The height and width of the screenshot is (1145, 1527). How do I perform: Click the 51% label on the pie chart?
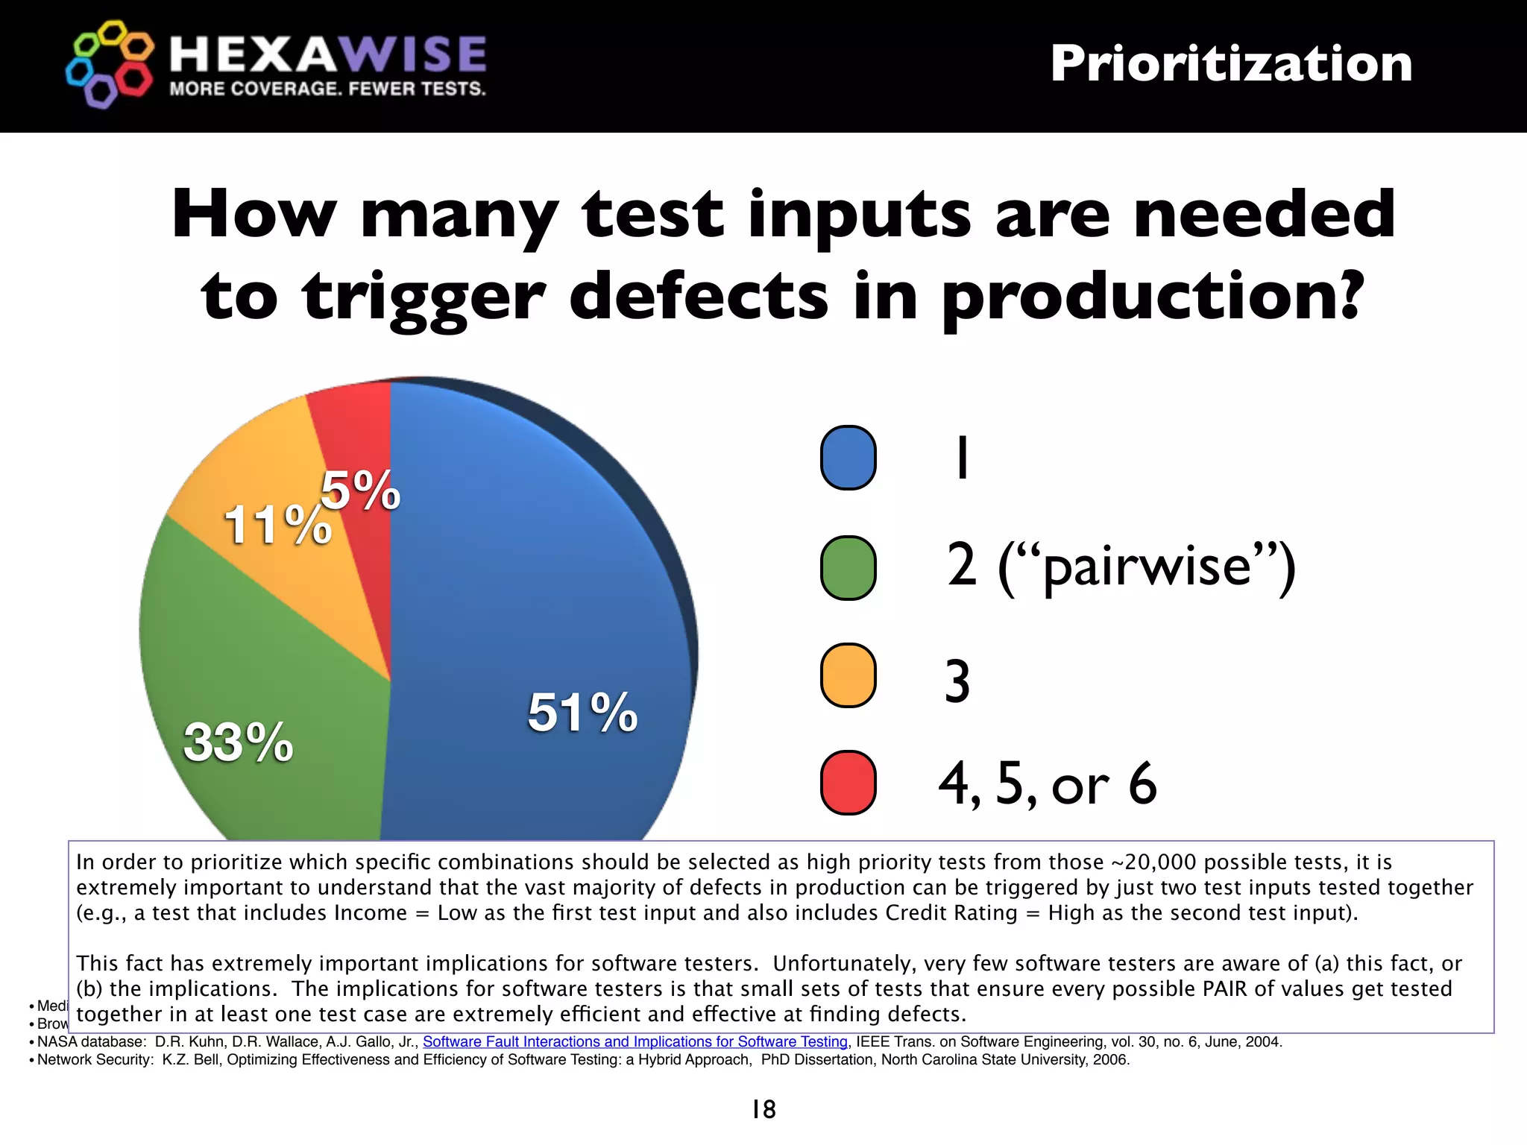coord(582,713)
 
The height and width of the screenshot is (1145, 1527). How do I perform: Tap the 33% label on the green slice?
coord(239,742)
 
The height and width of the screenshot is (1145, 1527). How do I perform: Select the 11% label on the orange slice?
coord(277,525)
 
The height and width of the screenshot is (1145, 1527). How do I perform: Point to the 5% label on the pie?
coord(361,491)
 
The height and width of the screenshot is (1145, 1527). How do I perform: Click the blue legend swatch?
coord(848,458)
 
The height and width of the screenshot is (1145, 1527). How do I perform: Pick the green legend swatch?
coord(848,568)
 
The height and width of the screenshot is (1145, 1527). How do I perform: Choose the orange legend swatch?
coord(848,675)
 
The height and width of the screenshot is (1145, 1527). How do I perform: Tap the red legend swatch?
coord(848,783)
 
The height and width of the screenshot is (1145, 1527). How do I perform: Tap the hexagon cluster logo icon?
coord(110,64)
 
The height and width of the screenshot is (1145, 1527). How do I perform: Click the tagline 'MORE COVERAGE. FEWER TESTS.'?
coord(327,89)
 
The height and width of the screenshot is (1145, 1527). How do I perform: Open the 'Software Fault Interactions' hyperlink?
coord(635,1041)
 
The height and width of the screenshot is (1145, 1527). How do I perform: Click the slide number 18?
coord(763,1109)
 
